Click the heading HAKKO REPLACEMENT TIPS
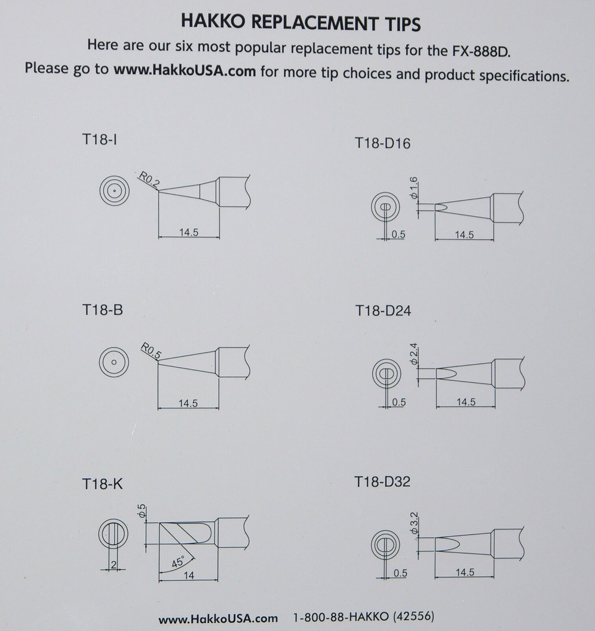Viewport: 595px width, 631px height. [301, 23]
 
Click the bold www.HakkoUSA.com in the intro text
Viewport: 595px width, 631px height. [184, 70]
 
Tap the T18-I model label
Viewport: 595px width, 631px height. [99, 140]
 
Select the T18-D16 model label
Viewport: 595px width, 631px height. [382, 143]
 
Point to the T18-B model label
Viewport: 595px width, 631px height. [102, 310]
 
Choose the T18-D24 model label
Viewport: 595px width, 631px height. [383, 310]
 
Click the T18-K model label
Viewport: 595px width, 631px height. [102, 484]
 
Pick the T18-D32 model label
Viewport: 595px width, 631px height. [382, 481]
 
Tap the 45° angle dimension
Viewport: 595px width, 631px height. [178, 562]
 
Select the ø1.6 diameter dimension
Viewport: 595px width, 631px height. [414, 188]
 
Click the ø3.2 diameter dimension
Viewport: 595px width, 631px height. [414, 523]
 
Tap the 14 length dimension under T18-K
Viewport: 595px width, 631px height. [189, 575]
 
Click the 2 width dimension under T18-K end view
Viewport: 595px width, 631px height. [114, 565]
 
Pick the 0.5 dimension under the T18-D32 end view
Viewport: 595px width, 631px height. [400, 573]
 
